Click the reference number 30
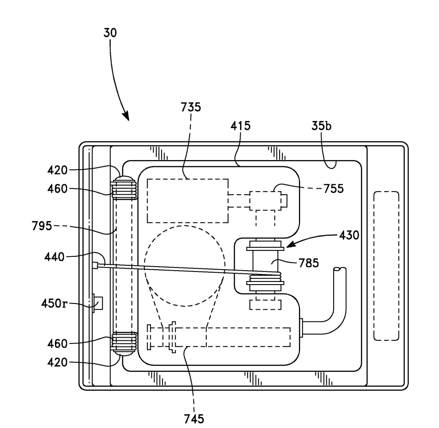pyautogui.click(x=110, y=33)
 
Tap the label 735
pyautogui.click(x=191, y=107)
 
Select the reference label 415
pyautogui.click(x=241, y=126)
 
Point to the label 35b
pyautogui.click(x=321, y=126)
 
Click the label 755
pyautogui.click(x=334, y=189)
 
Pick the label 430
pyautogui.click(x=349, y=235)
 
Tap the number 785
pyautogui.click(x=309, y=263)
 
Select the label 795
pyautogui.click(x=42, y=226)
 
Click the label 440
pyautogui.click(x=54, y=257)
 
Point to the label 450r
pyautogui.click(x=54, y=303)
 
